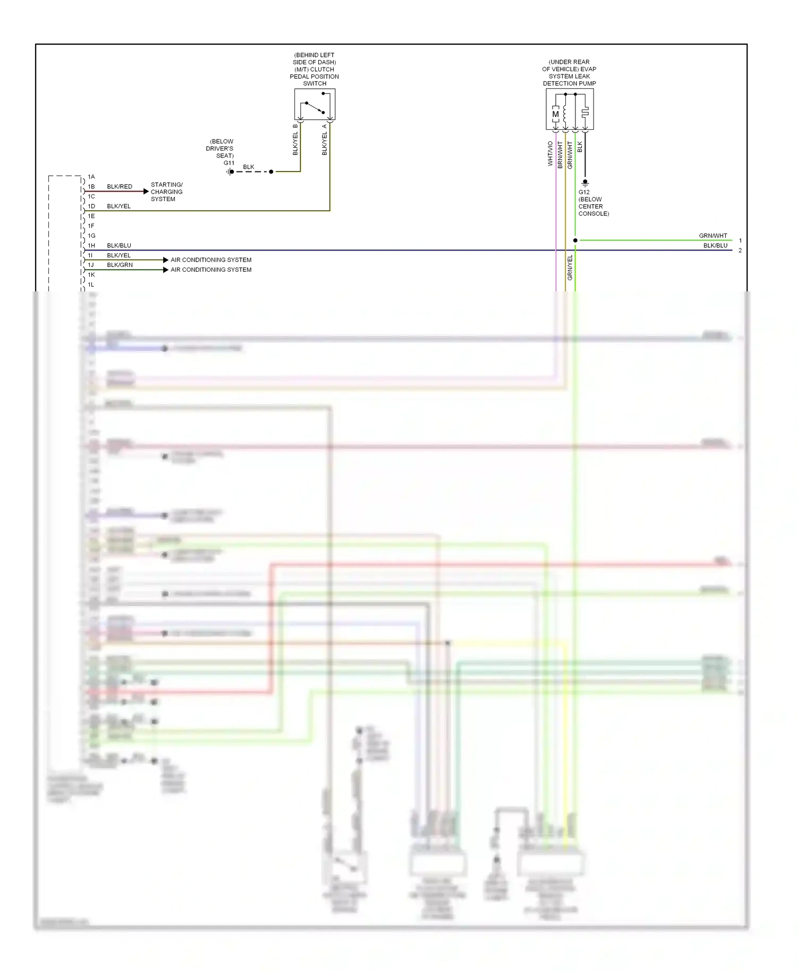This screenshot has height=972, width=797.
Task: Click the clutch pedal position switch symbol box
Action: coord(315,104)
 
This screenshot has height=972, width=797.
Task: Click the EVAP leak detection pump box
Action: coord(570,109)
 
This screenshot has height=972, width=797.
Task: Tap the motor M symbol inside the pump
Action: coord(555,114)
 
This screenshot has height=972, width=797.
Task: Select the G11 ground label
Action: coord(228,163)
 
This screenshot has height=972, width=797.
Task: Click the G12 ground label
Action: coord(584,192)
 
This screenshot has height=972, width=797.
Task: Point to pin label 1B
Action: coord(91,187)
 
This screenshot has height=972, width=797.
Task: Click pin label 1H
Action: coord(91,246)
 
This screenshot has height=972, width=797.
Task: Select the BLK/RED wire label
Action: coord(120,187)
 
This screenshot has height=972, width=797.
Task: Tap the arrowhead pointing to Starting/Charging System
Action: coord(146,191)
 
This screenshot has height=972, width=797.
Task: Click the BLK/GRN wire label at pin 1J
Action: coord(120,265)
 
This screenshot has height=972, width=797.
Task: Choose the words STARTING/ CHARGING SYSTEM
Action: coord(166,192)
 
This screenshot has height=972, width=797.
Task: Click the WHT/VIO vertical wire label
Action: coord(550,153)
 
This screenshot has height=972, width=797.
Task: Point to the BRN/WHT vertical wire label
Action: coord(560,155)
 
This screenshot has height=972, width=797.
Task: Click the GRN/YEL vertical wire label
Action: coord(570,267)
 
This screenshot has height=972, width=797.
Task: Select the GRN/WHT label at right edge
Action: coord(713,236)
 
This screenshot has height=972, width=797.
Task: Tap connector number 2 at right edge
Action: coord(740,250)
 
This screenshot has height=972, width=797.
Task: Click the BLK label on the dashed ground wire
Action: coord(249,167)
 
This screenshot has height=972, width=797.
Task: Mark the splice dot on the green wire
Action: coord(575,240)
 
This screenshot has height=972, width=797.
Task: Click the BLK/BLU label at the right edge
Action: coord(715,246)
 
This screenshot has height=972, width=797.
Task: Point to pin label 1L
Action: coord(91,285)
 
